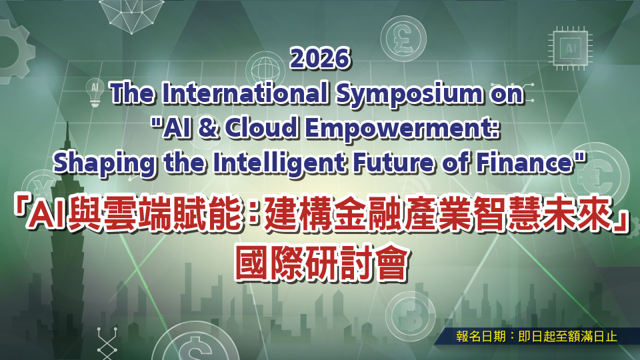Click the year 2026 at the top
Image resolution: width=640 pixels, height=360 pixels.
(x=320, y=59)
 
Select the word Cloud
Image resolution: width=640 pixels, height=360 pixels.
(x=260, y=127)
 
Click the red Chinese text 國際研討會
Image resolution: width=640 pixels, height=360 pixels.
(x=320, y=263)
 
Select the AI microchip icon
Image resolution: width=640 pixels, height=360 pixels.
(x=571, y=47)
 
